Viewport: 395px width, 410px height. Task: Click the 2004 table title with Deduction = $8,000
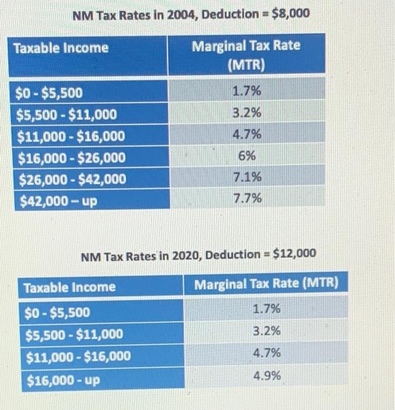190,14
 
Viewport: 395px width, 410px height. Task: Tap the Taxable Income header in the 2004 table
62,48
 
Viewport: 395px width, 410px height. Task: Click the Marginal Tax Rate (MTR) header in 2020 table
267,285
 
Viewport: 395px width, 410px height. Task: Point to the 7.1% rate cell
246,177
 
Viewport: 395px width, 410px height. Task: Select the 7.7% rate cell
246,199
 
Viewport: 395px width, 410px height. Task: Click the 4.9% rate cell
267,375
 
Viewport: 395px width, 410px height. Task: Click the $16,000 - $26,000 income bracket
71,158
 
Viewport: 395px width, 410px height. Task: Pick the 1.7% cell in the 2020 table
267,309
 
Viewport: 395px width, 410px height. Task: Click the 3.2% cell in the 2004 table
246,112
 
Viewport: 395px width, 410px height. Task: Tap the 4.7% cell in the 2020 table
267,353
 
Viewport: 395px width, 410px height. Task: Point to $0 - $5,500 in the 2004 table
51,93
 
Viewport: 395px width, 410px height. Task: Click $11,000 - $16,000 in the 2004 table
71,136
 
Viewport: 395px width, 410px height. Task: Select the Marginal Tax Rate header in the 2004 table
246,54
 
